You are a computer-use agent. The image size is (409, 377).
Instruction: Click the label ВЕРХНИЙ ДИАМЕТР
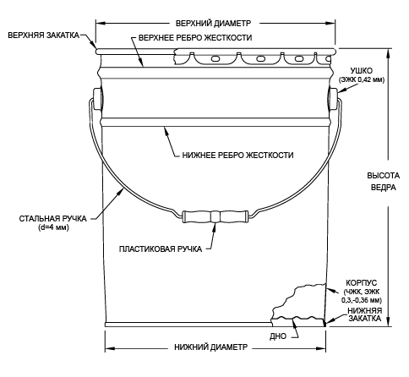coord(213,23)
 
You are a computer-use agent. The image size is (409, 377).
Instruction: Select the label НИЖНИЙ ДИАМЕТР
coord(211,347)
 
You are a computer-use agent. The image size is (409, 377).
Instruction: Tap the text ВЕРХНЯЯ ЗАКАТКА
coord(43,36)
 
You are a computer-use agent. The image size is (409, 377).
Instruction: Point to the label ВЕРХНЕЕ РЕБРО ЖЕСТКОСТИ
coord(195,38)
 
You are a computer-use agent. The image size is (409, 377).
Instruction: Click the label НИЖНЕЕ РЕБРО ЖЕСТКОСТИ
coord(237,155)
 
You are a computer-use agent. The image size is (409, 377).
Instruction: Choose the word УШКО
coord(362,71)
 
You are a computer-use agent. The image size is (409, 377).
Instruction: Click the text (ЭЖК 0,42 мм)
coord(362,79)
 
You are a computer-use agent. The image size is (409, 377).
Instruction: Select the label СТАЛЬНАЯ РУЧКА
coord(53,219)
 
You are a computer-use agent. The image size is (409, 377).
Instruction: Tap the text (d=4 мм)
coord(53,227)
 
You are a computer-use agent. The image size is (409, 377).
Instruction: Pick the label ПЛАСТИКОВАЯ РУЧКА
coord(161,249)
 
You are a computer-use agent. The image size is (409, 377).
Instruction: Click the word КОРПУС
coord(362,282)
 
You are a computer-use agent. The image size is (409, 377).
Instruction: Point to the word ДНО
coord(278,336)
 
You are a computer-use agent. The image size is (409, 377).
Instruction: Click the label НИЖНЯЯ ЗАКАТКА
coord(365,314)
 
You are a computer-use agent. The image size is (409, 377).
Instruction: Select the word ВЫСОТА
coord(384,176)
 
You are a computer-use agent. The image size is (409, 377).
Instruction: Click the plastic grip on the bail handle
coord(215,217)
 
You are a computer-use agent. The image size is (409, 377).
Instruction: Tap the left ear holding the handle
coord(98,99)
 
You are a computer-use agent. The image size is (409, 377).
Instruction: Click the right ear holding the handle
coord(333,99)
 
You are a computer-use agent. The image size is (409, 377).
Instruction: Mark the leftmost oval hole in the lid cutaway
coord(215,58)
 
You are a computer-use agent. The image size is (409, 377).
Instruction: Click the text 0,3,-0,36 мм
coord(362,300)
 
